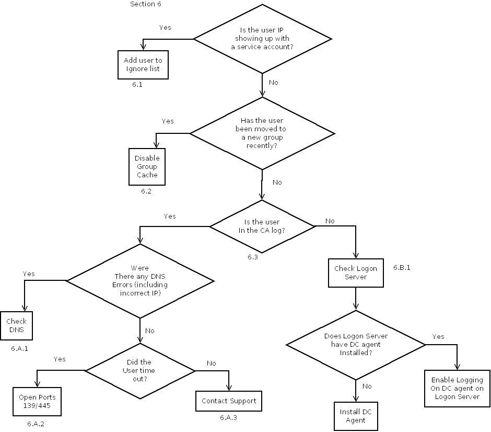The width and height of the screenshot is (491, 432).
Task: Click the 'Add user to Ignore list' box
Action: click(143, 64)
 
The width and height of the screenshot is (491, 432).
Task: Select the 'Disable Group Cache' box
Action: click(147, 167)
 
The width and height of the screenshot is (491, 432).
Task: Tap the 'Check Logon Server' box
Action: click(355, 272)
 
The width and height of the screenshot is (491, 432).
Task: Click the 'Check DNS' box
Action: click(16, 326)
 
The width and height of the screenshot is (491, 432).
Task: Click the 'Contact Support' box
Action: click(229, 401)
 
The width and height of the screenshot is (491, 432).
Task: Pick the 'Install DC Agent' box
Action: click(355, 416)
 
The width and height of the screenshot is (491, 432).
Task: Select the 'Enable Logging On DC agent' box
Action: click(457, 388)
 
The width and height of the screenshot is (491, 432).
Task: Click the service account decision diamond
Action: click(262, 39)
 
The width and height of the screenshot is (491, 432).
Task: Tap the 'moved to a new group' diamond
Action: click(262, 133)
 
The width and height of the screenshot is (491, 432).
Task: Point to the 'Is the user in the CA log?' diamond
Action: click(262, 226)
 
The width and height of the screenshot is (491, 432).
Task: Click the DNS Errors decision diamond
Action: click(140, 281)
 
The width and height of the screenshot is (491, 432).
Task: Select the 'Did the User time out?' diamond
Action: click(139, 370)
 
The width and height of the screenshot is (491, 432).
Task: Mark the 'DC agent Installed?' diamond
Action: click(356, 345)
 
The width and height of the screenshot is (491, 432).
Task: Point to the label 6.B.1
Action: click(402, 267)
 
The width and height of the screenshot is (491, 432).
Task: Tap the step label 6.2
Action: click(146, 191)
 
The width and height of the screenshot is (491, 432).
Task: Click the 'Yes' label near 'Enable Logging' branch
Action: click(438, 336)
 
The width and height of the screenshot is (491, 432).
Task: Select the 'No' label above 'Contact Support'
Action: click(211, 363)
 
